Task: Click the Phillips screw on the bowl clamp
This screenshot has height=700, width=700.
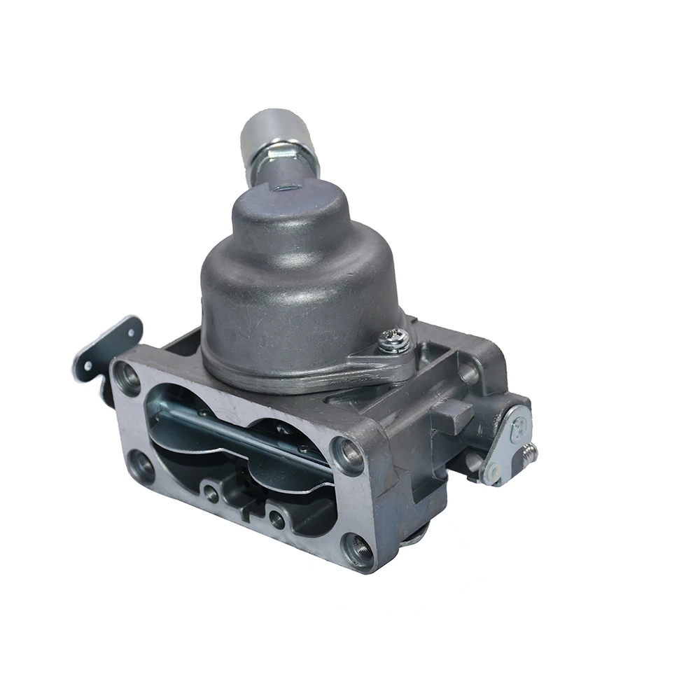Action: pos(390,341)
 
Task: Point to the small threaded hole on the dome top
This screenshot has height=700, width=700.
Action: pos(287,188)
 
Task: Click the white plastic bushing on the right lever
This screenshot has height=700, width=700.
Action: pos(493,473)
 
